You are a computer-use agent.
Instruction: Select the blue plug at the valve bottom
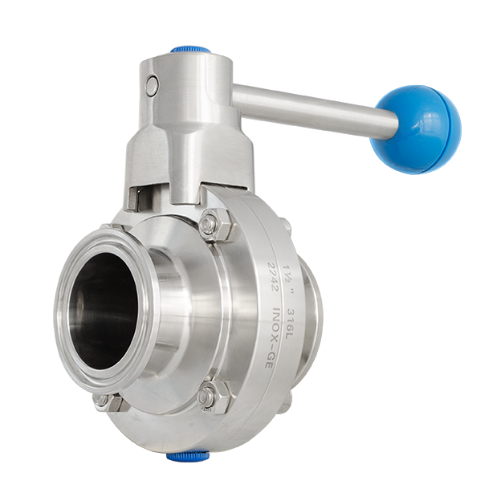pyautogui.click(x=187, y=456)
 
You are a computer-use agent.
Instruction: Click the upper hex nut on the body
pyautogui.click(x=215, y=225)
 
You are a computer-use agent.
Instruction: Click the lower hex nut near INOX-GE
pyautogui.click(x=213, y=396)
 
